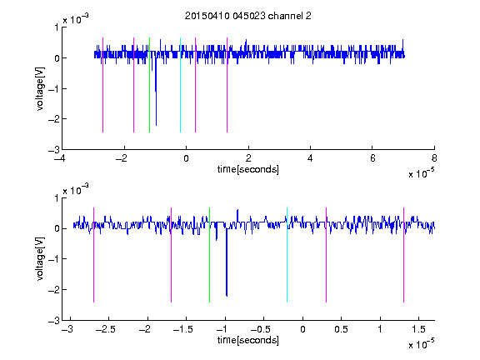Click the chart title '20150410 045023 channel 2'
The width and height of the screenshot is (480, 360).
[x=248, y=16]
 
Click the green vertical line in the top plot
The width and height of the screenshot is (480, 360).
[x=149, y=85]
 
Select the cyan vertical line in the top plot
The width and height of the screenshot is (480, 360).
[x=180, y=85]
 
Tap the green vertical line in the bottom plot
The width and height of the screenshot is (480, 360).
[x=209, y=255]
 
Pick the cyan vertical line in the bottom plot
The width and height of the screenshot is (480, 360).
[x=287, y=255]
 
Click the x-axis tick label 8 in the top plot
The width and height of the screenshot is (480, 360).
[x=434, y=158]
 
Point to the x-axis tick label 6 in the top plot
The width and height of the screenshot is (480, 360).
[x=372, y=158]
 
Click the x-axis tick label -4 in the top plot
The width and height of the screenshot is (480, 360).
[x=60, y=158]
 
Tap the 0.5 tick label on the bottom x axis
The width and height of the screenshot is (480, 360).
[x=341, y=329]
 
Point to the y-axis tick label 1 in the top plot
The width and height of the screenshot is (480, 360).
[x=57, y=27]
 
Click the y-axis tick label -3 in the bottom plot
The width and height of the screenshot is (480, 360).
[x=53, y=321]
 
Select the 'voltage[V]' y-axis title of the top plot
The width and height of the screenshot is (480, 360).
[x=40, y=88]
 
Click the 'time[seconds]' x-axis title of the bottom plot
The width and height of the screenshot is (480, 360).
[x=248, y=340]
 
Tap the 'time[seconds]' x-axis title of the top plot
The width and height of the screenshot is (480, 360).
[x=248, y=169]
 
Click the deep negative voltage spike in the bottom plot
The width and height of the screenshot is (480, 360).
[x=227, y=262]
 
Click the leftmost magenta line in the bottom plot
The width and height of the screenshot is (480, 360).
[x=93, y=255]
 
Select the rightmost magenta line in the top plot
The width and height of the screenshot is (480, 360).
[x=227, y=85]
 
